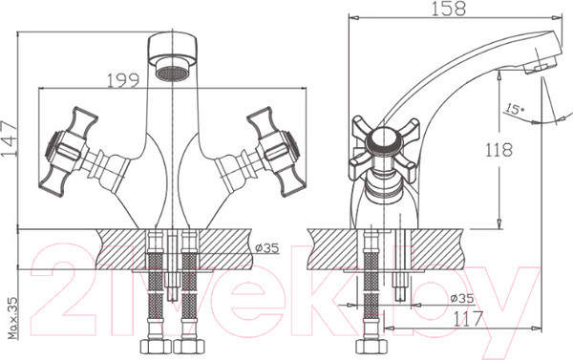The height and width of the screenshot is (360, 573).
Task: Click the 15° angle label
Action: [516, 111]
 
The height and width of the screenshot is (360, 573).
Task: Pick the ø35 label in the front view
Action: [266, 248]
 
